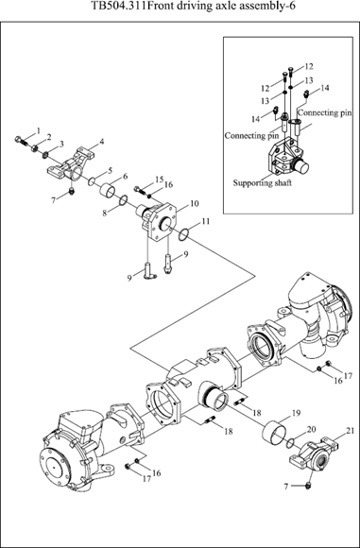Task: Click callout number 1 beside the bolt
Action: (x=39, y=130)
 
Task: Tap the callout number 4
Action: (x=102, y=142)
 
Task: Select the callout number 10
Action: (x=195, y=203)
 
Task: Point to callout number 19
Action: (x=296, y=413)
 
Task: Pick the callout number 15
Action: (x=160, y=180)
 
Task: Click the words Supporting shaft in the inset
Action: (x=262, y=182)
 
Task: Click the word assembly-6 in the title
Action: (x=271, y=6)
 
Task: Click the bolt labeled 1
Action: (x=22, y=141)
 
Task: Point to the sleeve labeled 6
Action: (x=109, y=190)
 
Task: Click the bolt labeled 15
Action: (x=140, y=190)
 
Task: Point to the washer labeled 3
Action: (x=45, y=153)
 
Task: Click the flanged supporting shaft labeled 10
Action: (x=158, y=222)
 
